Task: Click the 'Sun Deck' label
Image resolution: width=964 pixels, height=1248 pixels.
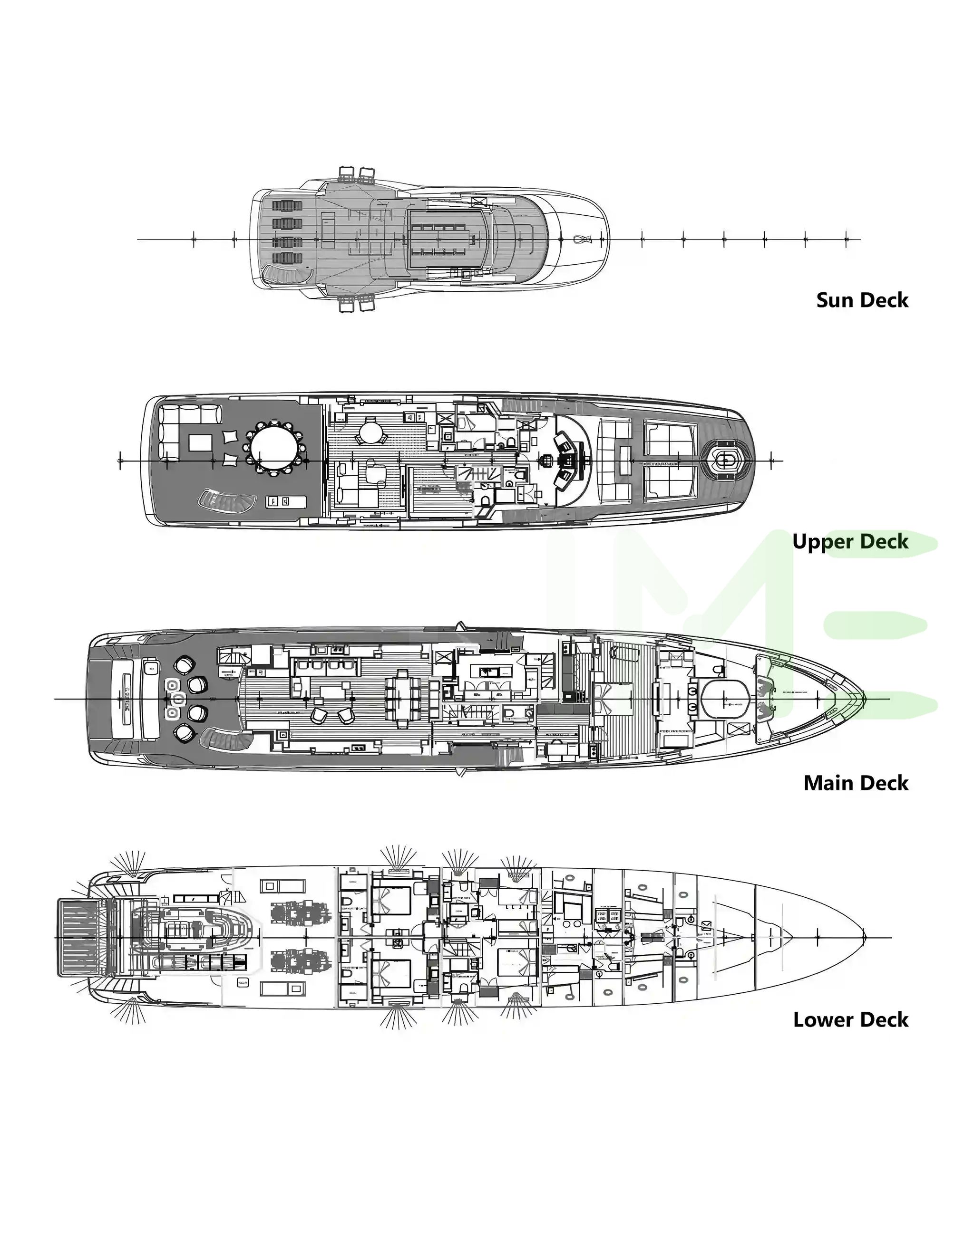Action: (x=862, y=300)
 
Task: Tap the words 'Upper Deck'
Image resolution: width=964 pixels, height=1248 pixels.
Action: (x=850, y=542)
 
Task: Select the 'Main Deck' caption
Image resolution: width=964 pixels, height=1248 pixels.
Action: (x=856, y=783)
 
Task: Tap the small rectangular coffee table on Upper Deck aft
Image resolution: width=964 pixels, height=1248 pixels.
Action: (x=200, y=443)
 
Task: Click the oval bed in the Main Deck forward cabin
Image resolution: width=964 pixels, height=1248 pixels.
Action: (x=725, y=700)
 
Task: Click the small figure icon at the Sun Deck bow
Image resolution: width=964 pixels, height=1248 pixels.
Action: (x=583, y=240)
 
